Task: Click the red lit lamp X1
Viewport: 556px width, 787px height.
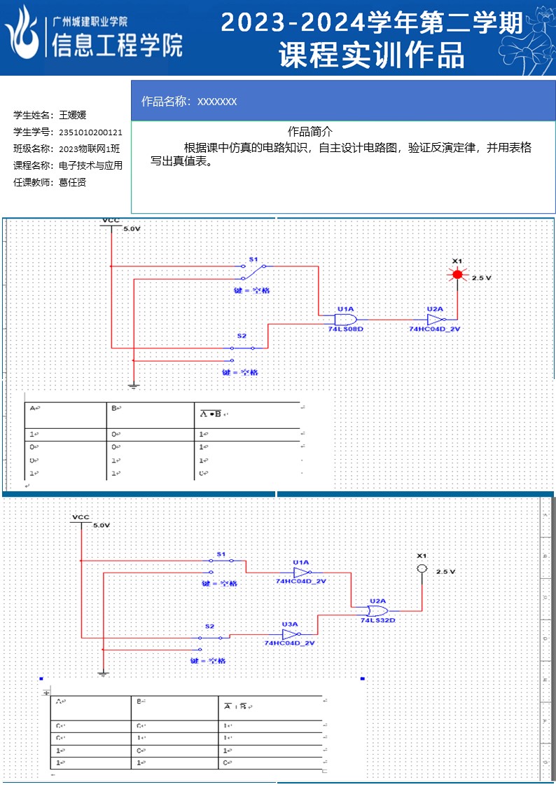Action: pos(457,275)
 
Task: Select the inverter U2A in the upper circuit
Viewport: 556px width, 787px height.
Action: pos(436,318)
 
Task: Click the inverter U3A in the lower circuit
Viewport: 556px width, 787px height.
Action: pos(290,634)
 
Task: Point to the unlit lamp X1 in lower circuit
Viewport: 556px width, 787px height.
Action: pos(422,569)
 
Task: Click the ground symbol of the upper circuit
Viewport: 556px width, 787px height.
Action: pos(133,385)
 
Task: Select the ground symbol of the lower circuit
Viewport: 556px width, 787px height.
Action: pos(103,673)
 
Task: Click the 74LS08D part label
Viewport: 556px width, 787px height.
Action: pos(346,328)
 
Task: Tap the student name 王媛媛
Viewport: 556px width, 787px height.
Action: pos(72,115)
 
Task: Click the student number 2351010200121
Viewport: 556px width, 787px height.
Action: pos(90,132)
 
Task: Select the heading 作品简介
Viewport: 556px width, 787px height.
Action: pos(310,132)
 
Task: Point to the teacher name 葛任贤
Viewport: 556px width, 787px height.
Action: pos(72,182)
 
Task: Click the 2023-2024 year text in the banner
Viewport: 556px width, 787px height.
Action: pos(294,24)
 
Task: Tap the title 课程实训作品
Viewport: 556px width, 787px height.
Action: pos(372,55)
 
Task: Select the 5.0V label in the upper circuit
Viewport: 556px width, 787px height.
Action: pos(132,229)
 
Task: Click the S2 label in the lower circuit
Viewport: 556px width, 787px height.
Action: pos(209,625)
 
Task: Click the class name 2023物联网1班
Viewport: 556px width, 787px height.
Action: pos(89,149)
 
